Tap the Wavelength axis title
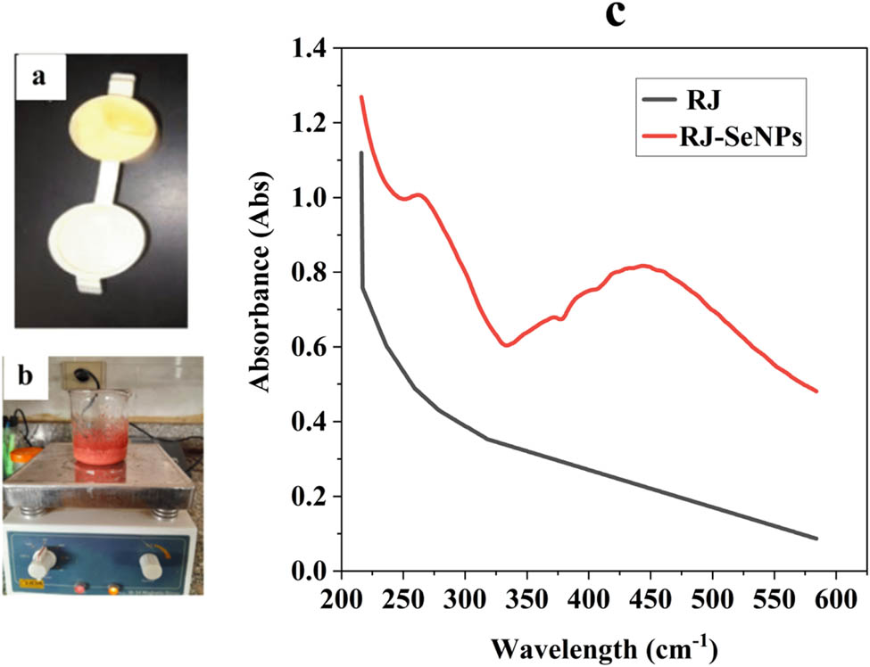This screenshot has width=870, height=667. pos(589,645)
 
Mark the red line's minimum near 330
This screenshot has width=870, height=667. pos(507,344)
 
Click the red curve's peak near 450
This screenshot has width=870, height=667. pos(642,266)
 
